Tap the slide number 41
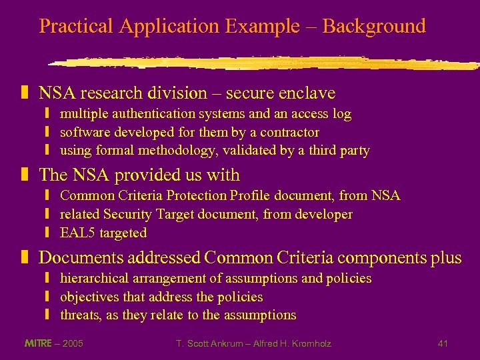pos(443,343)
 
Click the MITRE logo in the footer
pos(38,343)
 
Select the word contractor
pos(289,132)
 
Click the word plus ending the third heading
pos(445,257)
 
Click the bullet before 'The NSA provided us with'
pos(25,175)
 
